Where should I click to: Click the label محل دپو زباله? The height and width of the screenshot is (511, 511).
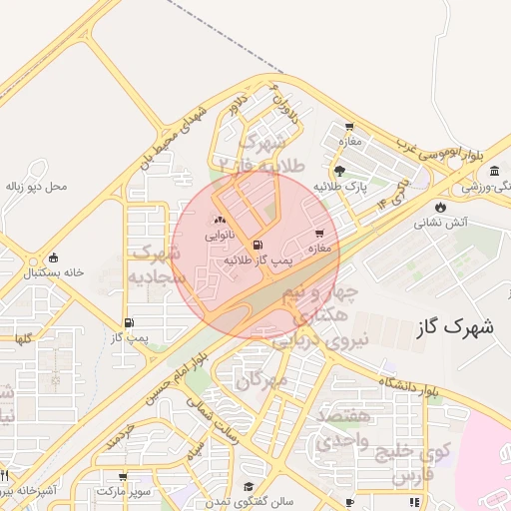(x=36, y=187)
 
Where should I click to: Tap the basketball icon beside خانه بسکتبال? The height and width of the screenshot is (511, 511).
(x=53, y=256)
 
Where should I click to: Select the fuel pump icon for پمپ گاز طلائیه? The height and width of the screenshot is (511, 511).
(x=259, y=245)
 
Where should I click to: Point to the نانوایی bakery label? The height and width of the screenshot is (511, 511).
(x=221, y=237)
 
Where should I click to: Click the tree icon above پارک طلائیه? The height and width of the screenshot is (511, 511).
(x=340, y=171)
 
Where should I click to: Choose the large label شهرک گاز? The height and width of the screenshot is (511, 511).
(x=452, y=325)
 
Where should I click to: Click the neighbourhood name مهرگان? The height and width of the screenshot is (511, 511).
(x=262, y=379)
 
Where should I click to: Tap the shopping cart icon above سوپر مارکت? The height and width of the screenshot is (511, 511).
(x=123, y=478)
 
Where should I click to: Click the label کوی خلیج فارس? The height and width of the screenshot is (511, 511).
(x=412, y=463)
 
